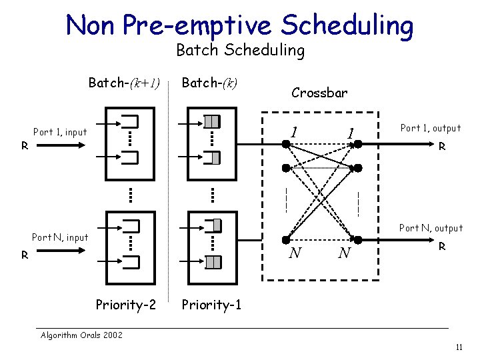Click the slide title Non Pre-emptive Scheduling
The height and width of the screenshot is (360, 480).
(239, 25)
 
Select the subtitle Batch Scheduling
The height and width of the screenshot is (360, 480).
(240, 50)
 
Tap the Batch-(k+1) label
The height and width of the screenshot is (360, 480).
(125, 83)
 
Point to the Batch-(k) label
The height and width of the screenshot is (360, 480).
(210, 83)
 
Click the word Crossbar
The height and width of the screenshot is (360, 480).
(319, 93)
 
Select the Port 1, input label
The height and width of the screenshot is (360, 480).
(60, 132)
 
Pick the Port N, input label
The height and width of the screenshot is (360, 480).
(60, 237)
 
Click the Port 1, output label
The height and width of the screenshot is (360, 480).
(430, 128)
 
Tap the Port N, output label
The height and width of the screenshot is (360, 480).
(430, 228)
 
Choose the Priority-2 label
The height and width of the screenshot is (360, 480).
(126, 305)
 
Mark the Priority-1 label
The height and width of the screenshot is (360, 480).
(211, 305)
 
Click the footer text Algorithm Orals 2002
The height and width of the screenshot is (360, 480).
(81, 335)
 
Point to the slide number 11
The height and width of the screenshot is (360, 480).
(459, 347)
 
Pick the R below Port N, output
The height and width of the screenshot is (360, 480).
(441, 247)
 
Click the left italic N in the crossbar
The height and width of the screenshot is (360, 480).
(295, 253)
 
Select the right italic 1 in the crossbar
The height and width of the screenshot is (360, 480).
(350, 133)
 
